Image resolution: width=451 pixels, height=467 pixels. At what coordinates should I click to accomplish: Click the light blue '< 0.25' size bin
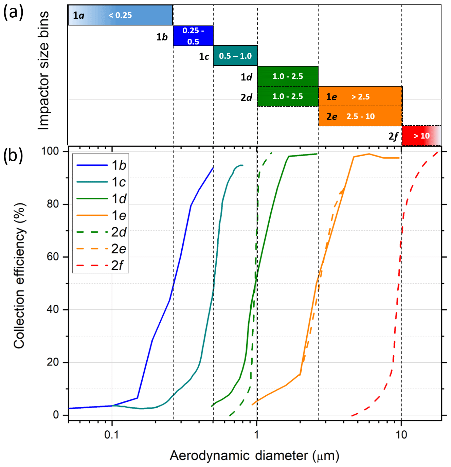[120, 15]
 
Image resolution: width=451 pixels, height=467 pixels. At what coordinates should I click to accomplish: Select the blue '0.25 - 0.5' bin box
[193, 36]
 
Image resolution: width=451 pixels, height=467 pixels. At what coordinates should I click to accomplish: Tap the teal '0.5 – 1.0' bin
[235, 56]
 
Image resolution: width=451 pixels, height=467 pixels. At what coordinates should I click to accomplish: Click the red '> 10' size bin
[421, 136]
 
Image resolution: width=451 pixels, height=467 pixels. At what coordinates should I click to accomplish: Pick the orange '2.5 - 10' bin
[360, 116]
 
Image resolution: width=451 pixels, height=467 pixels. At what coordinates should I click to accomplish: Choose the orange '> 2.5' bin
[360, 96]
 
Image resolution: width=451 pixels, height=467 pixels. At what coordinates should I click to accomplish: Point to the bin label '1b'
[162, 37]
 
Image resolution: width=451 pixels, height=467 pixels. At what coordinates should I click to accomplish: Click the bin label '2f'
[393, 137]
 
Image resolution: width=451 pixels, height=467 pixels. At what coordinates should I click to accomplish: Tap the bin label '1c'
[204, 57]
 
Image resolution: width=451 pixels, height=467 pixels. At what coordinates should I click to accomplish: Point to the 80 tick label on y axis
[53, 204]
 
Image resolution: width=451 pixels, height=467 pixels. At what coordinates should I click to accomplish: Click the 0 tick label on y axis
[56, 415]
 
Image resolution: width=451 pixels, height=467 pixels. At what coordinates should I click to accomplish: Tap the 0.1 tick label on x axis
[111, 435]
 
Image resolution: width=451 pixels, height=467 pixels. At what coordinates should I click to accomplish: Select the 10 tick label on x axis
[401, 435]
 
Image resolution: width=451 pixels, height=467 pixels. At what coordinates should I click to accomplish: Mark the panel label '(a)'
[13, 13]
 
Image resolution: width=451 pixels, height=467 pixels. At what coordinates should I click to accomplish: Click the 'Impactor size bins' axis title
[44, 70]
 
